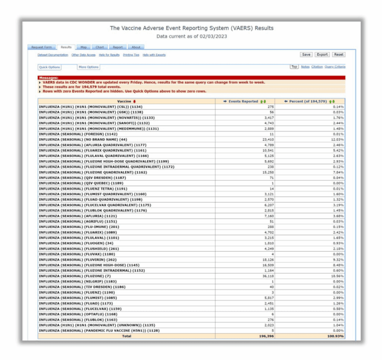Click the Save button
coord(306,54)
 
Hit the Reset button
coord(338,54)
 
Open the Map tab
coord(84,47)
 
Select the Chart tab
coord(100,47)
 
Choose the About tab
coord(136,47)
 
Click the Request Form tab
coord(42,47)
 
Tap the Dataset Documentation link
coord(53,55)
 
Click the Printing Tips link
coord(131,55)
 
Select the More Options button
coord(88,67)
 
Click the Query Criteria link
coord(335,67)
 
